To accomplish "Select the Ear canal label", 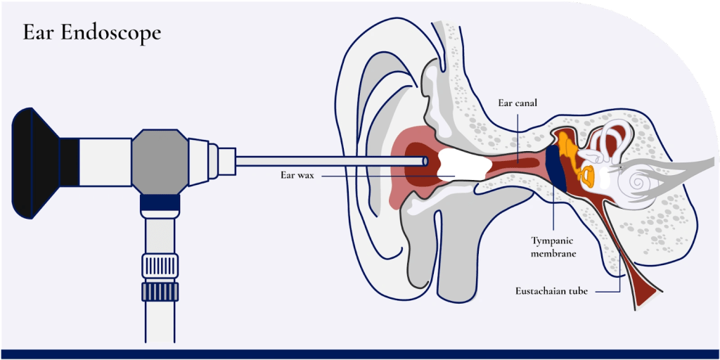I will (x=517, y=103).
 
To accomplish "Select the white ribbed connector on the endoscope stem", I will (x=160, y=264).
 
